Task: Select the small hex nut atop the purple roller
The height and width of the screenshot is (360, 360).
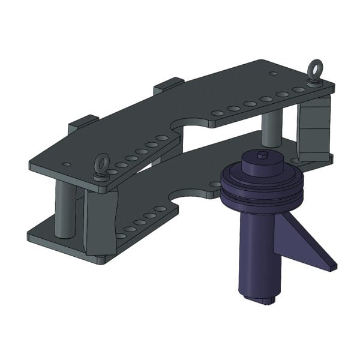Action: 263,155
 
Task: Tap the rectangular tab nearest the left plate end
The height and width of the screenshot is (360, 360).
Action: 83,124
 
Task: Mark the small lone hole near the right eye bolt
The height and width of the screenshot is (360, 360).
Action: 273,73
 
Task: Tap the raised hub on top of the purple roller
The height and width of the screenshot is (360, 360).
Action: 263,164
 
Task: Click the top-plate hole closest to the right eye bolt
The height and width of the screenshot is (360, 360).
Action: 298,89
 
